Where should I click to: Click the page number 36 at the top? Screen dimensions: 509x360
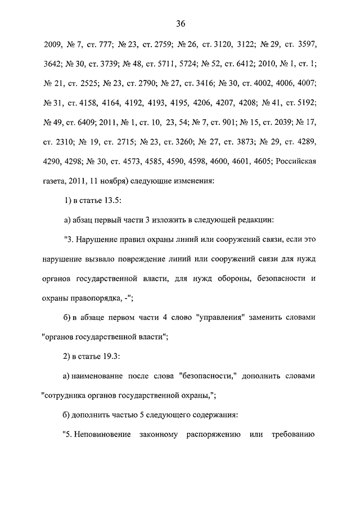coord(181,24)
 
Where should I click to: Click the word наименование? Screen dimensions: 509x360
coord(101,376)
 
